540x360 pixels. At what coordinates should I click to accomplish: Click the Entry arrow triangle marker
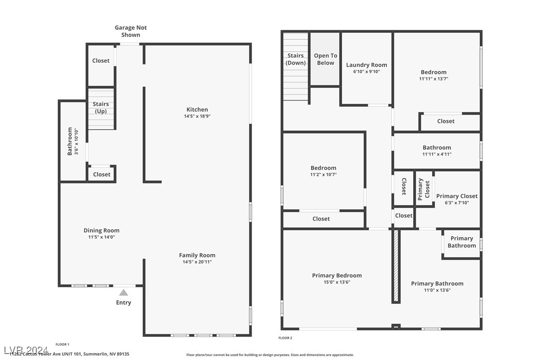tap(123, 292)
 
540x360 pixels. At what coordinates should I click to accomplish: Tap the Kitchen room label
tap(197, 109)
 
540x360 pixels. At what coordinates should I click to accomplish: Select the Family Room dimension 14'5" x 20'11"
tap(197, 262)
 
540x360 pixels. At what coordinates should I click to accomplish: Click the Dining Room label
tap(101, 230)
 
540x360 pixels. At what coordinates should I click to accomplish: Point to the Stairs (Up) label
tap(101, 107)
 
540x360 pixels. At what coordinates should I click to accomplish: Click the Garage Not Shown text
tap(131, 31)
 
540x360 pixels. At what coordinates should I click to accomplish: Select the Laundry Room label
tap(366, 65)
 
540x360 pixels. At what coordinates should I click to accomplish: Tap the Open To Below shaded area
tap(325, 59)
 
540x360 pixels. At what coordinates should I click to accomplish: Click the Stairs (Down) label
tap(295, 59)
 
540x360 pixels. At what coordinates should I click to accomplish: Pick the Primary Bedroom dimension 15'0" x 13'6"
tap(337, 282)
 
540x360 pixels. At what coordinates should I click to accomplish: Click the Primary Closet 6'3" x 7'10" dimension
tap(456, 202)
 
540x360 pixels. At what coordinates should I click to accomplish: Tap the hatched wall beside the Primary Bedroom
tap(396, 266)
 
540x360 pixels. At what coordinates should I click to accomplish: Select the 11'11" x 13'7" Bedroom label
tap(434, 72)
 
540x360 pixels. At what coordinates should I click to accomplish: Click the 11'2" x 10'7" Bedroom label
tap(323, 168)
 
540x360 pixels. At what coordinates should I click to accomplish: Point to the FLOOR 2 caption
tap(285, 338)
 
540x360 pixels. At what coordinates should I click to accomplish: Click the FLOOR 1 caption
tap(62, 344)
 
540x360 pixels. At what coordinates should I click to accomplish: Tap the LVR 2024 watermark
tap(25, 351)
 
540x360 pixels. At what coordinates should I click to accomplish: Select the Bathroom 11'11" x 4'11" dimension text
tap(437, 154)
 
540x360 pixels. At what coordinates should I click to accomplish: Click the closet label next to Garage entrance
tap(101, 61)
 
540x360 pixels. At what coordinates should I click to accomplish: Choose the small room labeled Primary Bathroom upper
tap(461, 242)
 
